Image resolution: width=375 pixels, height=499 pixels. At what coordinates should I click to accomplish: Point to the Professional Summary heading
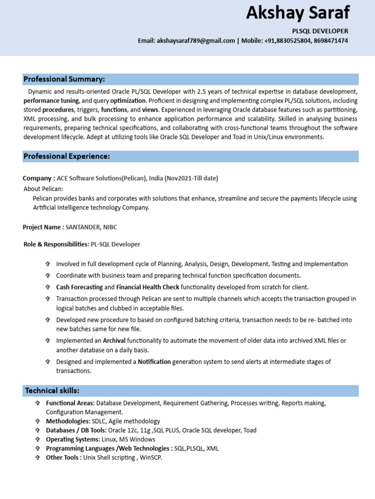click(x=65, y=79)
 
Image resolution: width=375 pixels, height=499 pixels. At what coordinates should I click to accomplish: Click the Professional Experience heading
click(x=67, y=156)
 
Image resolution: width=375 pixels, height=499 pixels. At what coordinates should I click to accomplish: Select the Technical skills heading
click(x=52, y=391)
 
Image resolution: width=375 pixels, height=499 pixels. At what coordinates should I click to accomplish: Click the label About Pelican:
click(x=43, y=189)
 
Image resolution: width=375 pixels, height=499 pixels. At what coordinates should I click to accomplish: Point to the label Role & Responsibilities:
click(x=56, y=244)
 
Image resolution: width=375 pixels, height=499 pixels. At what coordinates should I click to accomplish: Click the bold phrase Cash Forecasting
click(x=79, y=287)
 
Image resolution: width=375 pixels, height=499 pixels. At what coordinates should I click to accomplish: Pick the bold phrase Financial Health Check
click(x=148, y=287)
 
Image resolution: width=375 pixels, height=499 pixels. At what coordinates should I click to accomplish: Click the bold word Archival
click(x=114, y=341)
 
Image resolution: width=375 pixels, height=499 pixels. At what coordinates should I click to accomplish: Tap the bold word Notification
click(x=154, y=362)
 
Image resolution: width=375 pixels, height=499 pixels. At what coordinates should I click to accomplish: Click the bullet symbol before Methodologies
click(x=38, y=421)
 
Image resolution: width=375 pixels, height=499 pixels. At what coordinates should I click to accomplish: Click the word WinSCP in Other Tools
click(x=151, y=458)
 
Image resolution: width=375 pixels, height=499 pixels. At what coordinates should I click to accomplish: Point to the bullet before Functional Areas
click(x=38, y=403)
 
